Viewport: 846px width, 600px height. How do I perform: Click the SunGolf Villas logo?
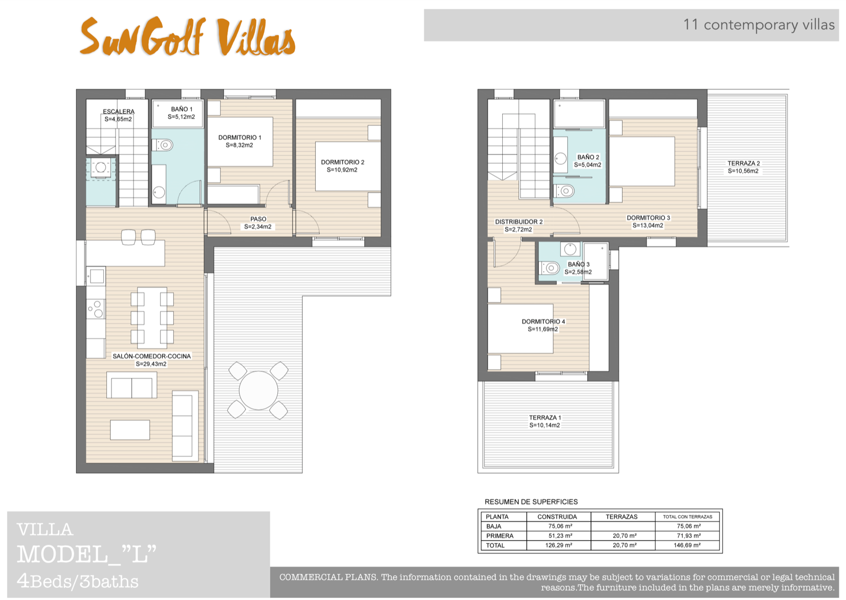point(187,37)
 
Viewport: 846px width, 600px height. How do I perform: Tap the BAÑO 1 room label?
point(181,109)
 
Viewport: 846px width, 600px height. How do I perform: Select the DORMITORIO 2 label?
point(342,162)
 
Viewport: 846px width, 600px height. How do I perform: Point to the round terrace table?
point(258,390)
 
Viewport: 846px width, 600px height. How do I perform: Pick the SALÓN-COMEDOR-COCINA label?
point(151,356)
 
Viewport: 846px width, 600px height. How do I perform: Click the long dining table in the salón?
point(152,317)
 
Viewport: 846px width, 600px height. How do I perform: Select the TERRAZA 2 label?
point(743,163)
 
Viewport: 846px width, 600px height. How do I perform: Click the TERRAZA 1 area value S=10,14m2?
point(544,425)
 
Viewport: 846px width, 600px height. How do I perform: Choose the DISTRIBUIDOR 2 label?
point(518,221)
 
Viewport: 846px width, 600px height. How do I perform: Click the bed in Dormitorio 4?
point(520,328)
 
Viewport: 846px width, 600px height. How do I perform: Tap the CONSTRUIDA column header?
point(557,516)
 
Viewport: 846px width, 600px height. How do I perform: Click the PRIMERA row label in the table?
point(500,536)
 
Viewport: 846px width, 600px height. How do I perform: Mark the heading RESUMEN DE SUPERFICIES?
point(531,501)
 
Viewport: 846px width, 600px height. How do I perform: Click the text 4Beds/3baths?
point(77,581)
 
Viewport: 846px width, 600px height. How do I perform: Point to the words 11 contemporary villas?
point(758,24)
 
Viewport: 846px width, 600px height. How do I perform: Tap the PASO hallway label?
point(258,219)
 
